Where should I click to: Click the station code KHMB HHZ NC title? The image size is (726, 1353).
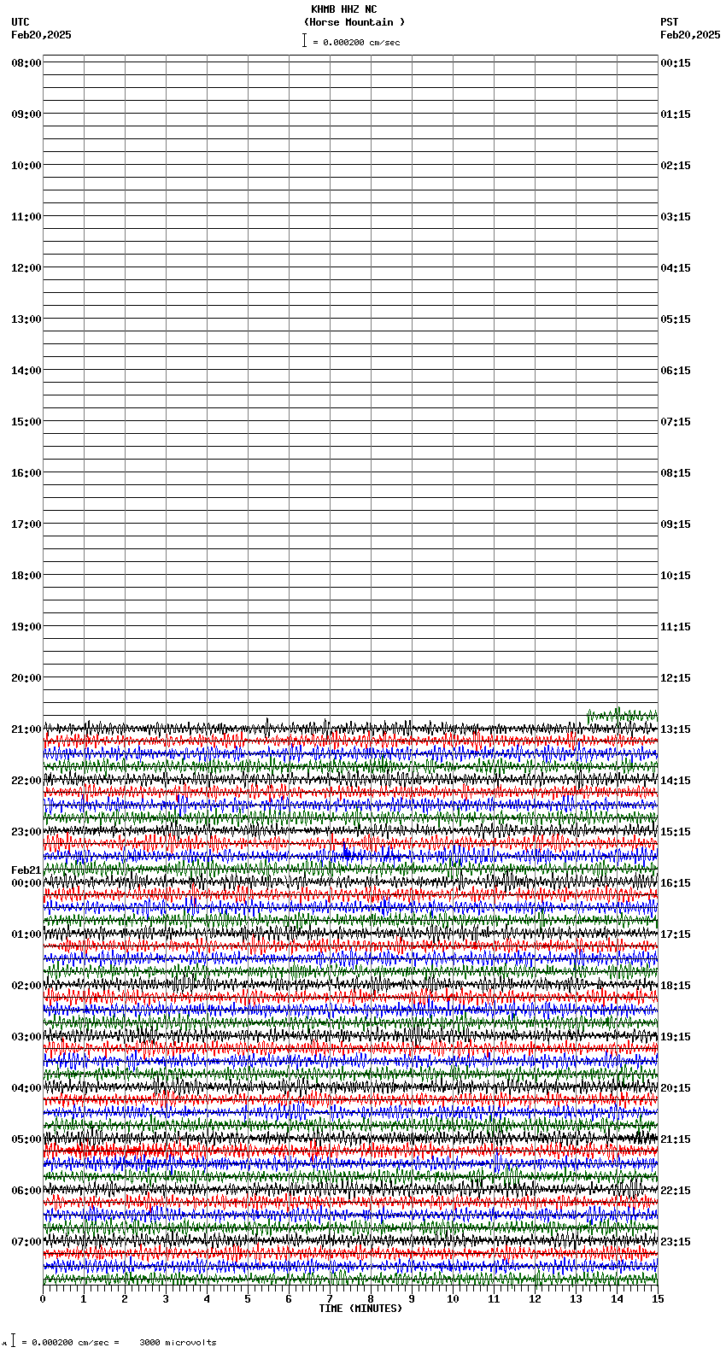coord(343,9)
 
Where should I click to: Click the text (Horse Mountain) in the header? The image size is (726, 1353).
coord(354,22)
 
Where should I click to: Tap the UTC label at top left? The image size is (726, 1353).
coord(20,22)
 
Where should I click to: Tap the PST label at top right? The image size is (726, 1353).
coord(669,22)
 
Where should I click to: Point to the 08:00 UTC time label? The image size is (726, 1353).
coord(26,63)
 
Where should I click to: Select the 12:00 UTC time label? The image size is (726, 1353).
coord(26,268)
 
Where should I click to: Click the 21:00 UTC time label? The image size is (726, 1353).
coord(26,729)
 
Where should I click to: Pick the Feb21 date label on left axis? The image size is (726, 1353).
coord(26,870)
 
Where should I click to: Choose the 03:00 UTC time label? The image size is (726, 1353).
coord(26,1037)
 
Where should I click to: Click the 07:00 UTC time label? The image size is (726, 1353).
coord(26,1242)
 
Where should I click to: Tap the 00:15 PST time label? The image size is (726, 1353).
coord(676,63)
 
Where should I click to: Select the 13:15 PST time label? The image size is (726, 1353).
coord(676,729)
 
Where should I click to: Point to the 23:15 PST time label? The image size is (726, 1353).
coord(676,1242)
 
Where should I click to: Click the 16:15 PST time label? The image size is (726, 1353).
coord(676,883)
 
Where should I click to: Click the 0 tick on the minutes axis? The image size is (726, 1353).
coord(43,1299)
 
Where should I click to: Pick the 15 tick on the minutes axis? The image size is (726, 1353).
coord(657,1299)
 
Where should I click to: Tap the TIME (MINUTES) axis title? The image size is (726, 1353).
coord(360,1309)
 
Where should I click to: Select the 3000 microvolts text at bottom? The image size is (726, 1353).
coord(178,1343)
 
